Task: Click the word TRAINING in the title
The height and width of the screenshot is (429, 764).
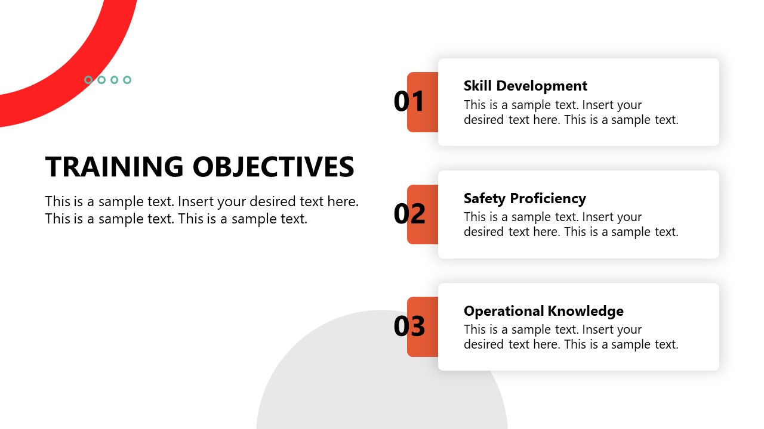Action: (114, 166)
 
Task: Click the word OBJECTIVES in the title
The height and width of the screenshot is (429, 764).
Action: (273, 166)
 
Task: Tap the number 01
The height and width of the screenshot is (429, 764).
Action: (409, 101)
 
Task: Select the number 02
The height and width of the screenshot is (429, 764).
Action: (409, 213)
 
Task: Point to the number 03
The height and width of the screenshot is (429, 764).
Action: (409, 326)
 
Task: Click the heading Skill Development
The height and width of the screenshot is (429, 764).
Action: (525, 86)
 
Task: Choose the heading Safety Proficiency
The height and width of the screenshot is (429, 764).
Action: (525, 198)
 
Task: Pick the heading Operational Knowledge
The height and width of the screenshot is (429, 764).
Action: (543, 311)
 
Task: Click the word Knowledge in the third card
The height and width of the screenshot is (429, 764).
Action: (586, 311)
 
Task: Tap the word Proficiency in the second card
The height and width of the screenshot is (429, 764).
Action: (548, 198)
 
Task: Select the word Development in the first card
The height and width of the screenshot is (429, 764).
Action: (541, 86)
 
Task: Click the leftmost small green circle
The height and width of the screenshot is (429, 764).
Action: (88, 80)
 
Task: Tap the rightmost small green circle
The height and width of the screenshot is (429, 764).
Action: (127, 80)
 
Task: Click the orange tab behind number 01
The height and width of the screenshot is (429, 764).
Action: (423, 102)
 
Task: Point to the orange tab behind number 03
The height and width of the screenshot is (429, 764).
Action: (423, 327)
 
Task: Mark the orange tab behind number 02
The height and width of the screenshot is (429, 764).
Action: (423, 214)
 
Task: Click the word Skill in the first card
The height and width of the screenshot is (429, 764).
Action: (478, 86)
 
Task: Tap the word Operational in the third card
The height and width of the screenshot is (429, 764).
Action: (503, 311)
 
